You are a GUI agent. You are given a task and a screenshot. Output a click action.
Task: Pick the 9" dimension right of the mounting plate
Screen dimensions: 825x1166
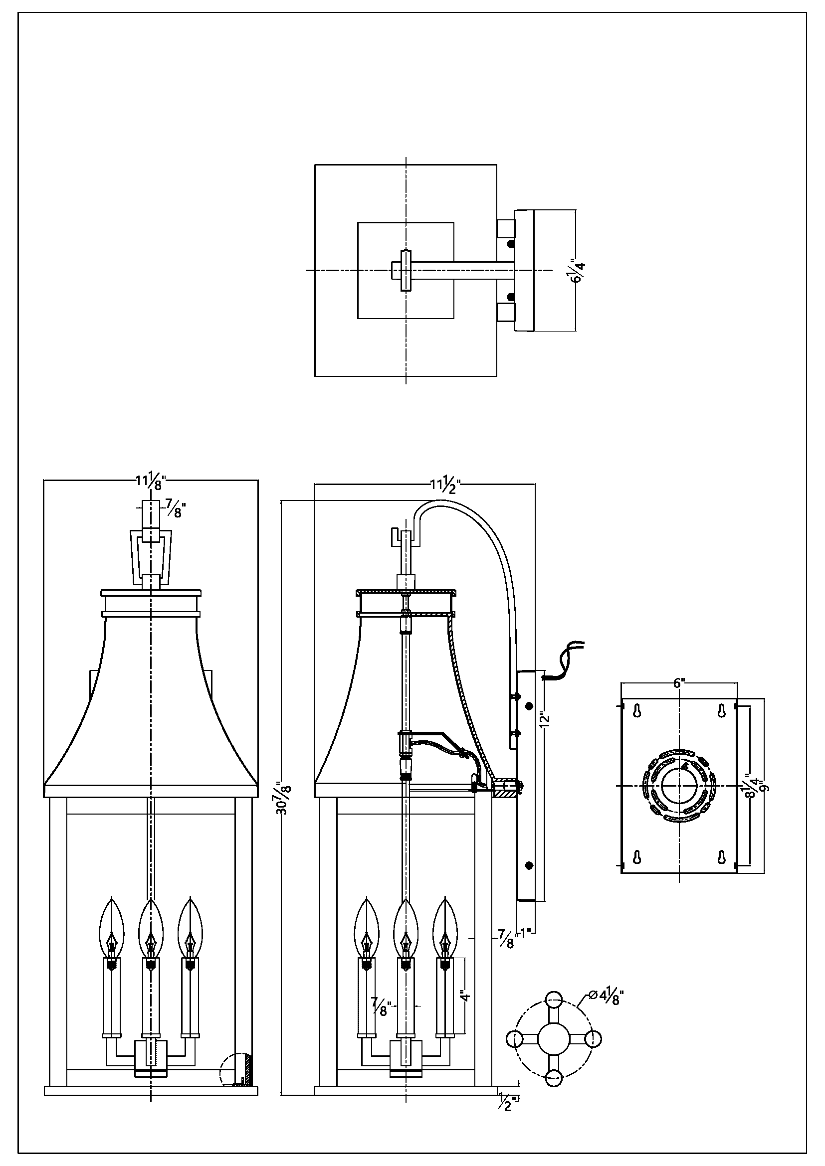click(x=765, y=786)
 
